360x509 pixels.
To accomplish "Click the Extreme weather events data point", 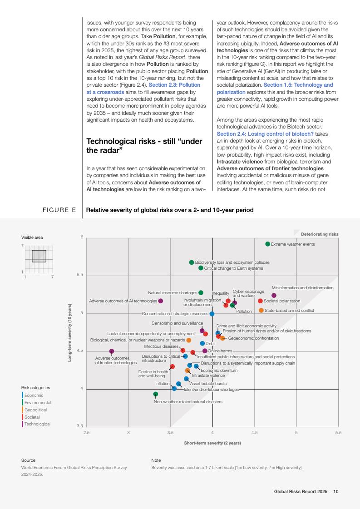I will coord(268,244).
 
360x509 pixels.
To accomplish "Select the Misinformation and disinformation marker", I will coord(274,296).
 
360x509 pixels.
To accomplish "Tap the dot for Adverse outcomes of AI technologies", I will coord(161,301).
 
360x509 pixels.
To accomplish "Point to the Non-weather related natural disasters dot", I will coord(156,394).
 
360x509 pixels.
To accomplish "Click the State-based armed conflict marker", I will coord(261,311).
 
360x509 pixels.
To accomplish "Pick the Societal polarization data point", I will coord(260,301).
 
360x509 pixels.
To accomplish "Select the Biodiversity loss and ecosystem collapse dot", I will coord(192,262).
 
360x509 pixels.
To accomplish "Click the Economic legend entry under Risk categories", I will coord(34,395).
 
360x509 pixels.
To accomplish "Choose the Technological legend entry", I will coord(37,424).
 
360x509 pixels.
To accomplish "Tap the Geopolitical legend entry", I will coord(35,410).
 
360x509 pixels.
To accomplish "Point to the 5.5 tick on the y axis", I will coord(80,276).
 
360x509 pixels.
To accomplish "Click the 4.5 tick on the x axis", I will coord(254,433).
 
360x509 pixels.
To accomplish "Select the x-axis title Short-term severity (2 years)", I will coord(212,443).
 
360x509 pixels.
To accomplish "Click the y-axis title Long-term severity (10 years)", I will coord(70,333).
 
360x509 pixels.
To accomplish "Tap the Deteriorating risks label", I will coord(320,234).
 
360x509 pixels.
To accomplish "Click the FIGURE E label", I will coord(59,210).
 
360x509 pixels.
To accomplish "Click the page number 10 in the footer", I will coord(336,491).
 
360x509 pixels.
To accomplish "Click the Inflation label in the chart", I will coord(162,384).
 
